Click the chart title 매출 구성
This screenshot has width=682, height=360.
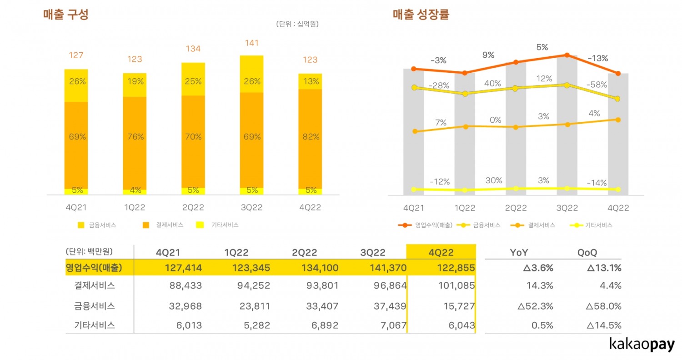point(65,15)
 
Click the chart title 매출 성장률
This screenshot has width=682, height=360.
point(421,15)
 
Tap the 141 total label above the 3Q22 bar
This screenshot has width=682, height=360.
point(251,43)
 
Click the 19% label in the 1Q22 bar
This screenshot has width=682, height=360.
point(135,82)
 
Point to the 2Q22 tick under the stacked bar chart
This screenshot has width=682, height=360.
point(193,208)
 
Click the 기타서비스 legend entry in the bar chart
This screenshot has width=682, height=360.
point(218,225)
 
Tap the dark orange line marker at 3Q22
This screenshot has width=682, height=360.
point(567,55)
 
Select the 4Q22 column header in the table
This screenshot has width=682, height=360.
point(441,252)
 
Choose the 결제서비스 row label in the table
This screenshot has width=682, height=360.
point(95,286)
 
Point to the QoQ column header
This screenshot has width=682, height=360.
point(587,252)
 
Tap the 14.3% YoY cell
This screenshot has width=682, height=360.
point(542,286)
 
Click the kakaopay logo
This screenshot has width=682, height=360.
point(642,345)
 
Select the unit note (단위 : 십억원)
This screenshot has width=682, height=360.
point(297,24)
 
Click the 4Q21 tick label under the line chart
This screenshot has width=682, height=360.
point(414,208)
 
